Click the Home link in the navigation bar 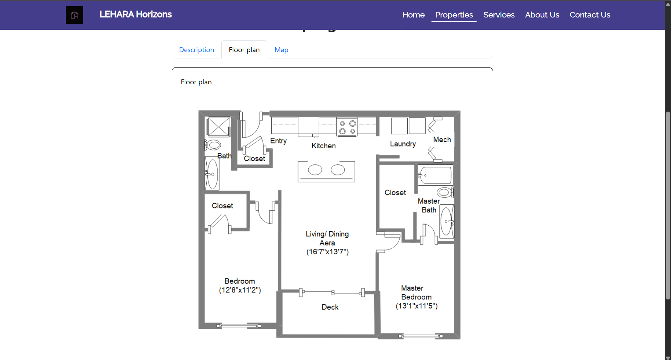(413, 15)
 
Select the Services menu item (499, 15)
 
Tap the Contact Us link (590, 15)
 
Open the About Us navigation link (542, 15)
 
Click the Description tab (197, 50)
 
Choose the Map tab (281, 50)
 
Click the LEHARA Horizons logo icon (74, 15)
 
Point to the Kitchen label (323, 146)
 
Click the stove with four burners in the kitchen (347, 127)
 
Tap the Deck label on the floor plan (330, 307)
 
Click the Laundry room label (403, 144)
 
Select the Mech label (442, 140)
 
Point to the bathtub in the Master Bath (436, 175)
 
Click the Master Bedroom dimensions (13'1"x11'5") (416, 306)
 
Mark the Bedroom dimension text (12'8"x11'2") (240, 290)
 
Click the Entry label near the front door (278, 141)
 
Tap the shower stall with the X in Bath (218, 127)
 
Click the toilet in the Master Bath (445, 192)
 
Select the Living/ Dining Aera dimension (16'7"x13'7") (328, 252)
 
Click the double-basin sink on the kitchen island (326, 171)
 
